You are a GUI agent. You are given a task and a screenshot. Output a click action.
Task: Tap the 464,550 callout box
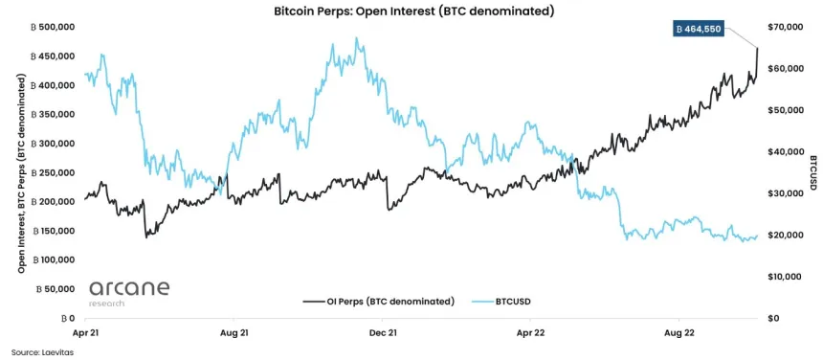point(699,30)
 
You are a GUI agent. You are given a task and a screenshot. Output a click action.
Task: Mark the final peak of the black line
point(757,48)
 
